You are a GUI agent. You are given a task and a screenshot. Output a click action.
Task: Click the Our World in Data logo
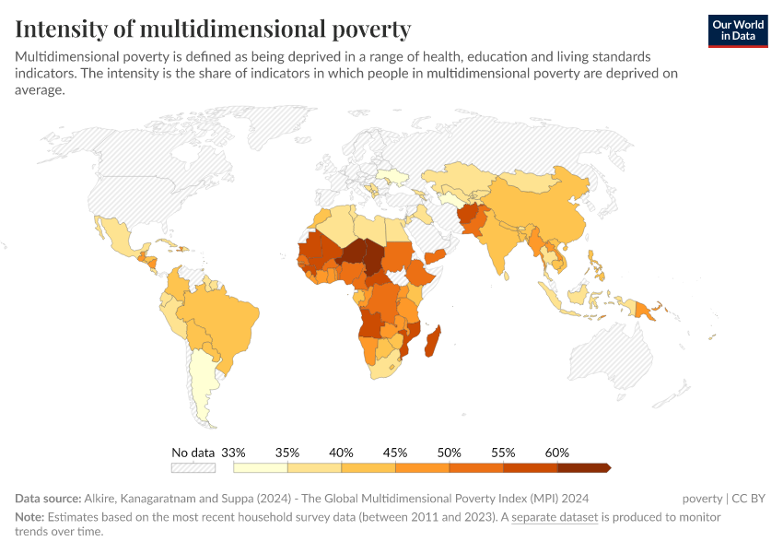point(738,31)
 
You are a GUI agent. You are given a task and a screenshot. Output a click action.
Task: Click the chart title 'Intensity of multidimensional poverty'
point(213,29)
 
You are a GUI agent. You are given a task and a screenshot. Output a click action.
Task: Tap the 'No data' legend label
point(193,453)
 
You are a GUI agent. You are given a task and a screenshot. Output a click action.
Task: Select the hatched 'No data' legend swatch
point(193,467)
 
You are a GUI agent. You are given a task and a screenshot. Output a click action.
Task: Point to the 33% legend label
point(234,453)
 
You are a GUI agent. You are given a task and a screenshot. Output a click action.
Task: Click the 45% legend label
point(395,453)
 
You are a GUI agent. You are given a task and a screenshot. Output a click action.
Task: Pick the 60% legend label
point(557,453)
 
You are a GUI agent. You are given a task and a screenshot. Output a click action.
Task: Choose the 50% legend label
point(449,453)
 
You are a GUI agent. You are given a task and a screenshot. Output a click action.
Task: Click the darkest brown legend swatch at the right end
point(583,467)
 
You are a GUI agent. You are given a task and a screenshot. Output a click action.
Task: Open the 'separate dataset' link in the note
point(555,517)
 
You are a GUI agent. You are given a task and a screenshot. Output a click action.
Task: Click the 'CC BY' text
point(749,499)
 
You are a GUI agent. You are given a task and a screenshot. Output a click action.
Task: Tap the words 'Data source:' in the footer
point(48,499)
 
